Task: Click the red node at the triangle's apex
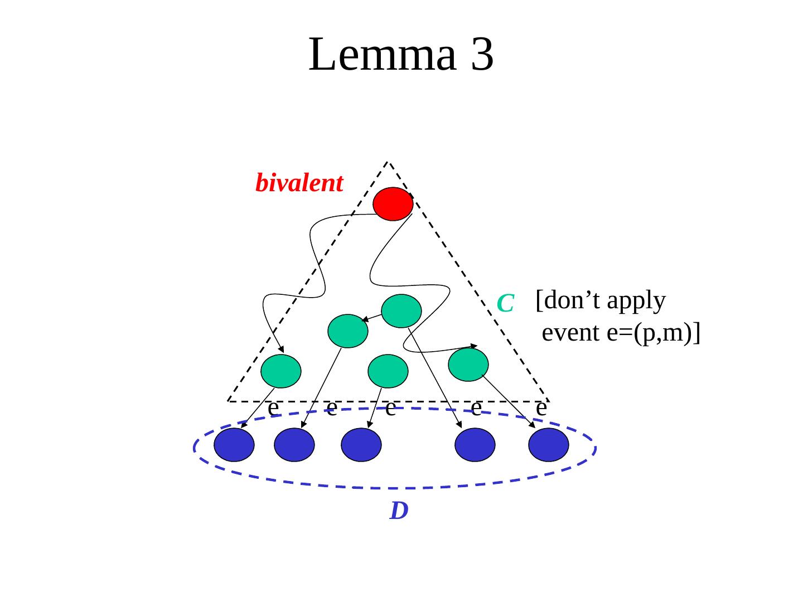pyautogui.click(x=393, y=204)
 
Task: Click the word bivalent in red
pyautogui.click(x=299, y=183)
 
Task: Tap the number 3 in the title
pyautogui.click(x=482, y=55)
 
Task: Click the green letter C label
pyautogui.click(x=505, y=303)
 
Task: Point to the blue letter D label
pyautogui.click(x=399, y=511)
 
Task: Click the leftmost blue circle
pyautogui.click(x=234, y=445)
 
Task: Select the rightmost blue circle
pyautogui.click(x=549, y=445)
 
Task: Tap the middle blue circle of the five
pyautogui.click(x=361, y=445)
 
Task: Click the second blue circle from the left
pyautogui.click(x=294, y=445)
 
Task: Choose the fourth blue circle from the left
pyautogui.click(x=475, y=445)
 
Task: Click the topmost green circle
pyautogui.click(x=401, y=310)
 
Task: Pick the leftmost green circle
pyautogui.click(x=281, y=371)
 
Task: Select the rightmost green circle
pyautogui.click(x=468, y=365)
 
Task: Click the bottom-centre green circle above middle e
pyautogui.click(x=388, y=371)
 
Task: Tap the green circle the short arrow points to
pyautogui.click(x=348, y=331)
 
